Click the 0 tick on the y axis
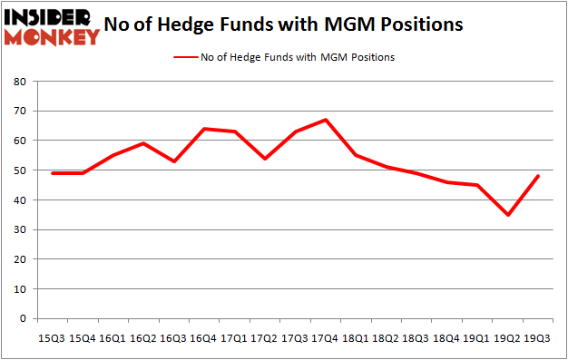click(x=21, y=318)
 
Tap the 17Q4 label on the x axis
click(x=324, y=336)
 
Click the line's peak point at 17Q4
click(x=324, y=120)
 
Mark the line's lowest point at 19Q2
click(x=508, y=215)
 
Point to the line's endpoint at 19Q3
click(x=539, y=176)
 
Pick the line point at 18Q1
click(x=355, y=155)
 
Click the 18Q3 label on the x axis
click(x=416, y=336)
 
